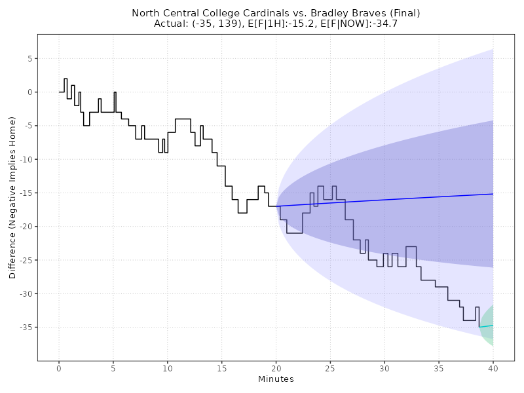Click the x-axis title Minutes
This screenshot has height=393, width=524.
pos(276,379)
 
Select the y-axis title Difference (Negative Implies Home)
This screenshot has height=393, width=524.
pos(12,197)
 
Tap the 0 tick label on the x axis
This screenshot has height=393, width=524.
pos(59,368)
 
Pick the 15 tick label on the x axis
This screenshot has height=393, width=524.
pos(221,368)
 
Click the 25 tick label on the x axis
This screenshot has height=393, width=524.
pos(330,368)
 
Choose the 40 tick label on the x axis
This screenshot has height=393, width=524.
pos(493,368)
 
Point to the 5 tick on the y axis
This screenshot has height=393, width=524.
pos(29,58)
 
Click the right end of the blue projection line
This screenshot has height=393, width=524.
pos(493,194)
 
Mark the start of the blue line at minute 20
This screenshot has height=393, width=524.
pos(276,206)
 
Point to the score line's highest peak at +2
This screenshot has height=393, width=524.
pos(65,79)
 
